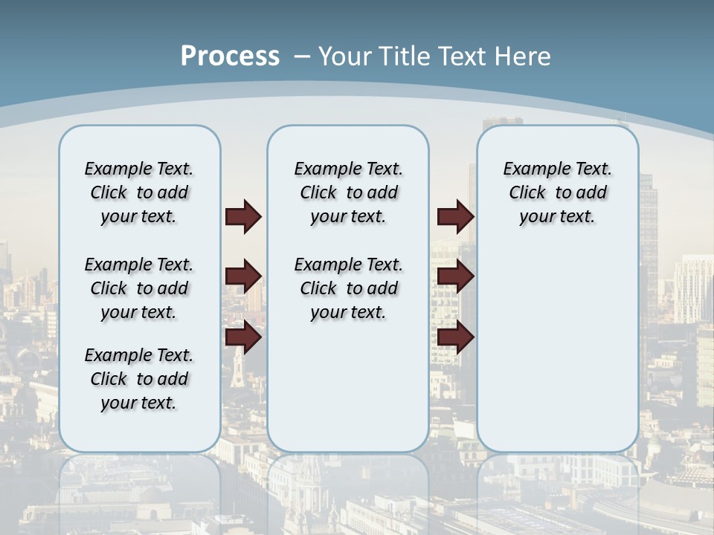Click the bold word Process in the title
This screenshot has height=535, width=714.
tap(230, 56)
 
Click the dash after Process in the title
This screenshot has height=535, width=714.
tap(301, 56)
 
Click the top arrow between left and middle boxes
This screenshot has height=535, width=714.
tap(243, 216)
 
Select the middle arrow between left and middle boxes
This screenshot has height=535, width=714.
tap(243, 276)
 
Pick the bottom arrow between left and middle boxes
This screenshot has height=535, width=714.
tap(243, 337)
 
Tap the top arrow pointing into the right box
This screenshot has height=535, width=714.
tap(455, 216)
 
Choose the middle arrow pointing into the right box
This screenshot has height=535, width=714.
tap(455, 276)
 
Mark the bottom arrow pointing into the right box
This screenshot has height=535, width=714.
tap(455, 337)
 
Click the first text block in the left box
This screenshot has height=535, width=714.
tap(139, 192)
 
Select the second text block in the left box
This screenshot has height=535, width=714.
tap(139, 288)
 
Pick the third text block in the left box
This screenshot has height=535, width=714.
tap(139, 379)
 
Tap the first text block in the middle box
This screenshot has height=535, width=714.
tap(348, 192)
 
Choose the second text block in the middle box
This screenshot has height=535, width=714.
tap(348, 288)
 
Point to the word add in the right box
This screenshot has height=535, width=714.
tap(592, 192)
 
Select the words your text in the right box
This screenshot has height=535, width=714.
tap(557, 217)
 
